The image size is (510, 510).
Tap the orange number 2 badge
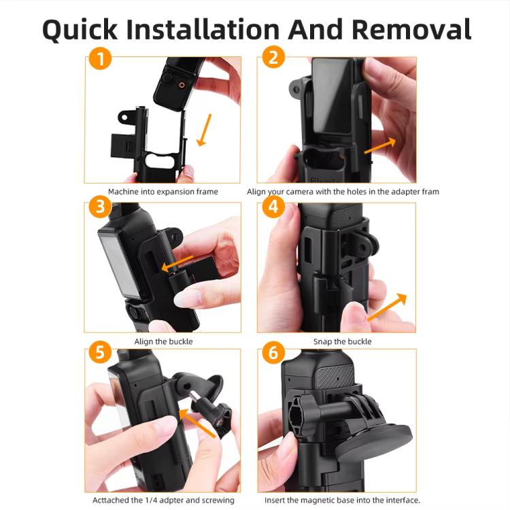273,59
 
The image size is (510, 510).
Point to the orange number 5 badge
100,353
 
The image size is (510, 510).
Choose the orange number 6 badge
273,353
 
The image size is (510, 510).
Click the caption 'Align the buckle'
163,341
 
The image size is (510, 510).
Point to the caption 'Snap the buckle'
342,341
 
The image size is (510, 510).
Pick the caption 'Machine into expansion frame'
163,192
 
